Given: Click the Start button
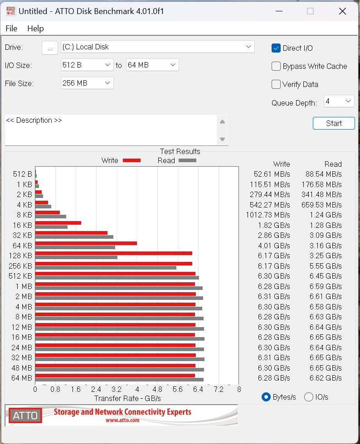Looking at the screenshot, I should click(x=334, y=123).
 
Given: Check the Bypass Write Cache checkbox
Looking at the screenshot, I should click(x=276, y=66).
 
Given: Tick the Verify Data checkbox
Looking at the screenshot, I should click(x=276, y=84).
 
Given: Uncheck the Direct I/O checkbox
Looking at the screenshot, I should click(x=276, y=48).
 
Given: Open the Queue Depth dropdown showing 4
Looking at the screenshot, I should click(x=339, y=101).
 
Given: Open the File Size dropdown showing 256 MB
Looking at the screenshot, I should click(x=87, y=83).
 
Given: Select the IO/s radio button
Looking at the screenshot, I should click(x=309, y=397).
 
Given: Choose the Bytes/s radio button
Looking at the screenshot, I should click(x=266, y=397).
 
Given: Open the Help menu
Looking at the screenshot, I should click(x=35, y=29).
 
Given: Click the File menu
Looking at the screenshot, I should click(x=11, y=29).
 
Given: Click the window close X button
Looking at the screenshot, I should click(x=342, y=11).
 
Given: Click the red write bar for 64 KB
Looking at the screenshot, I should click(x=86, y=243).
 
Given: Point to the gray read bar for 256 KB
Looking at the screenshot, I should click(x=106, y=268).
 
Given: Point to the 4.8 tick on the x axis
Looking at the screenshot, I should click(x=157, y=389).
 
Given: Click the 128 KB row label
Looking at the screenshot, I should click(x=21, y=256).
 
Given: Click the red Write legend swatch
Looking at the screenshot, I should click(x=131, y=160).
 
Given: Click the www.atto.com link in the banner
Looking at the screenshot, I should click(x=122, y=420).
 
